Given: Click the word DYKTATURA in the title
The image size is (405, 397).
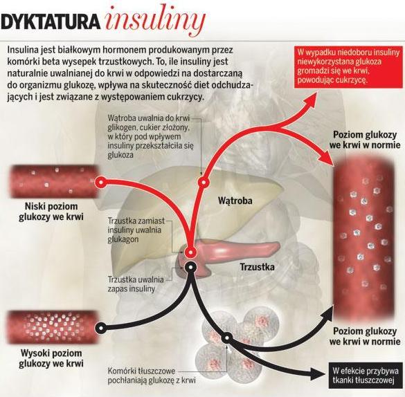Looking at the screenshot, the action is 51,22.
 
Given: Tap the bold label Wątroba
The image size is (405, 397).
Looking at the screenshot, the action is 235,201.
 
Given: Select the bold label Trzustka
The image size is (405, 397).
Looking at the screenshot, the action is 257,267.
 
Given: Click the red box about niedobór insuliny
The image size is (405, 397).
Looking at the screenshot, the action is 348,67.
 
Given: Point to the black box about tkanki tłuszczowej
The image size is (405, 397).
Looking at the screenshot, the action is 366,376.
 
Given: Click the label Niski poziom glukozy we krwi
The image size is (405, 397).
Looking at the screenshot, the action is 51,212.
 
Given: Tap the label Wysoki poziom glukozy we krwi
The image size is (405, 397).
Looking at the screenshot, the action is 51,358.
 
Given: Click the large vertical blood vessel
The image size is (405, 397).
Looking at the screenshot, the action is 364,239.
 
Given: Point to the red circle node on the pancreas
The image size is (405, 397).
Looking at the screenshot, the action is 190,252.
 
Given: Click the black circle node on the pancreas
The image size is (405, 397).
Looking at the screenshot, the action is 190,268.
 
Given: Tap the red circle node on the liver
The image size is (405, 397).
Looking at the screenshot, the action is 204,183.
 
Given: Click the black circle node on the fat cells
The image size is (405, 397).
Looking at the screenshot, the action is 226,338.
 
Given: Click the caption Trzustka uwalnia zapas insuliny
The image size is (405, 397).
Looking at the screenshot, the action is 136,284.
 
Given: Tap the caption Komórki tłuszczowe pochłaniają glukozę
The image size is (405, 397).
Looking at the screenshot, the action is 152,376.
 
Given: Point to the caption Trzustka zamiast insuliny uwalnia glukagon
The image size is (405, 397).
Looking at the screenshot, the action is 136,230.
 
